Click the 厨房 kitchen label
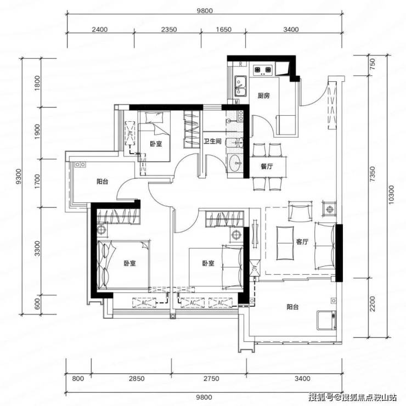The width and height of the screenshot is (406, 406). [x=263, y=96]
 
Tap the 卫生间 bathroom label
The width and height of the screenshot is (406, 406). [x=212, y=142]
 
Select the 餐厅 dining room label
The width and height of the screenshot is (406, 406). [x=267, y=166]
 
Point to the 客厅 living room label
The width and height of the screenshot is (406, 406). [x=302, y=242]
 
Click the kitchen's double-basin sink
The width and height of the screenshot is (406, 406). [x=240, y=86]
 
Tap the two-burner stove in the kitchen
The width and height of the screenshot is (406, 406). [x=263, y=69]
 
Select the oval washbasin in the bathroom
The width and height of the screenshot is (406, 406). [x=235, y=163]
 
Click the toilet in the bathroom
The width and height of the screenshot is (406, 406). [x=235, y=143]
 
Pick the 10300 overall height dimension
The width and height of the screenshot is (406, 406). [x=391, y=195]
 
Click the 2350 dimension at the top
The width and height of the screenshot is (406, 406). [x=169, y=30]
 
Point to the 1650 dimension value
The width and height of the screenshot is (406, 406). [x=223, y=30]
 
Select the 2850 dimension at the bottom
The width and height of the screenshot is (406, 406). [x=137, y=379]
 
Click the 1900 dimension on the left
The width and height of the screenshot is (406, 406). [x=37, y=132]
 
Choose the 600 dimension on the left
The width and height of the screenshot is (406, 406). [x=37, y=304]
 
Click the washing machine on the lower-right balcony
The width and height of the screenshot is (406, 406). [x=326, y=320]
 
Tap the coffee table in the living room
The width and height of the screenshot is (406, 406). [x=285, y=243]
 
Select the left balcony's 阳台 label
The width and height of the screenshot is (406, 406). [x=102, y=182]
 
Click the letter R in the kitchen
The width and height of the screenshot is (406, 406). [x=241, y=64]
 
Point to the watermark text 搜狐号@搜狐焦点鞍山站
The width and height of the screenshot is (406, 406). [x=353, y=397]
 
